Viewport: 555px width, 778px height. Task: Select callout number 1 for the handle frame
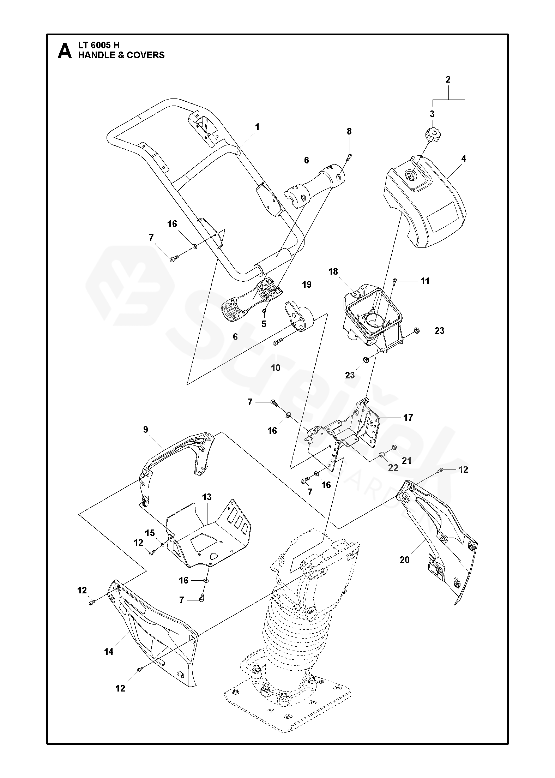pyautogui.click(x=257, y=127)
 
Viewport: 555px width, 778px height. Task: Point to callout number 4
pyautogui.click(x=464, y=159)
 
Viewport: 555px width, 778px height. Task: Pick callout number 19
pyautogui.click(x=307, y=285)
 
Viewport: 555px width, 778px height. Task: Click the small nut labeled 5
pyautogui.click(x=264, y=311)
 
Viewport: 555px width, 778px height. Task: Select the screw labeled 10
pyautogui.click(x=278, y=341)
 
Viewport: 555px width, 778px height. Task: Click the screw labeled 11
pyautogui.click(x=395, y=281)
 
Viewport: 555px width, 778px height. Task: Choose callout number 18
pyautogui.click(x=333, y=271)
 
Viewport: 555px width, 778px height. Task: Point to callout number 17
pyautogui.click(x=408, y=418)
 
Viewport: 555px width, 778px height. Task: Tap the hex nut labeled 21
pyautogui.click(x=395, y=448)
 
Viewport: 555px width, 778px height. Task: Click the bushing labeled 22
pyautogui.click(x=381, y=454)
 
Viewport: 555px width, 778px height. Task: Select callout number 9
pyautogui.click(x=146, y=430)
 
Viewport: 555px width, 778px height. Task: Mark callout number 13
pyautogui.click(x=207, y=497)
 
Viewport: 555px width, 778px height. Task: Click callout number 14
pyautogui.click(x=109, y=652)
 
